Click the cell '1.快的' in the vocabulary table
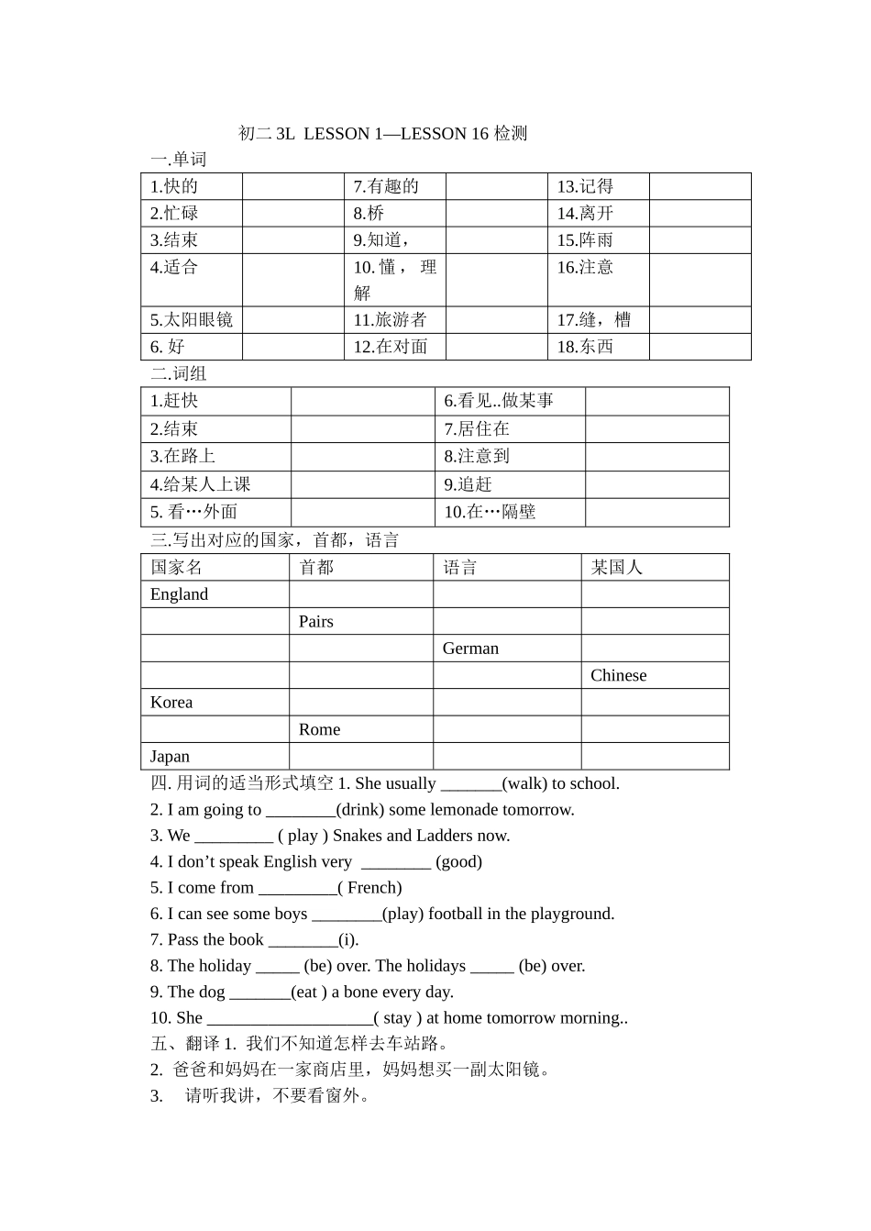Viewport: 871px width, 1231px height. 174,186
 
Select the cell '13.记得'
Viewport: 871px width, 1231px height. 585,186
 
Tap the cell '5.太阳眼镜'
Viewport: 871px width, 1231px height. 192,320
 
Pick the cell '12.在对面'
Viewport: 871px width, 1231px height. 391,347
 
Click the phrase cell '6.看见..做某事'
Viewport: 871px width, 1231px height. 499,401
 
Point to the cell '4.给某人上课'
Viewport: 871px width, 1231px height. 200,484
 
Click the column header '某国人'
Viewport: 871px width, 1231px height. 617,568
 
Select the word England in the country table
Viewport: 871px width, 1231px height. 179,594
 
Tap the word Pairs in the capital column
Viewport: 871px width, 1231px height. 316,622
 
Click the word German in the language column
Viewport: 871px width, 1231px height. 470,649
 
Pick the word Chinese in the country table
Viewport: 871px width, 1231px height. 619,676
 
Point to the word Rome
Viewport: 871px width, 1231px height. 319,730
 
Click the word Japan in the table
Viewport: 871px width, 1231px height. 170,757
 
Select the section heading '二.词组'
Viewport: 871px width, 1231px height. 179,373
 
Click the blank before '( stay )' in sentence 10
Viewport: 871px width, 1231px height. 290,1018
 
